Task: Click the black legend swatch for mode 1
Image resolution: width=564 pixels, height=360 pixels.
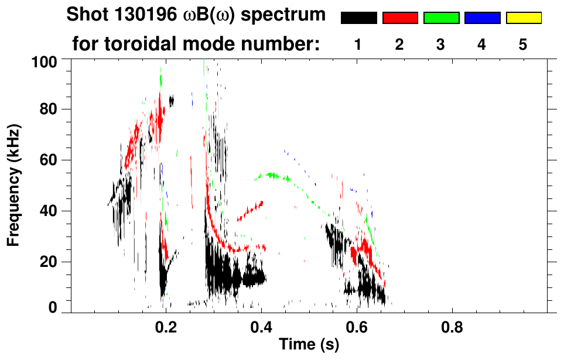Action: (358, 18)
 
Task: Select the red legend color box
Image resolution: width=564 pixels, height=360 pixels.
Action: (400, 18)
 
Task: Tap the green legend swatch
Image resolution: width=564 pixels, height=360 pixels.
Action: (441, 18)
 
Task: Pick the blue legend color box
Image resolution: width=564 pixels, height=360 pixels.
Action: (482, 18)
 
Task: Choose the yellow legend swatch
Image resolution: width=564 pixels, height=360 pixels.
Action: (524, 18)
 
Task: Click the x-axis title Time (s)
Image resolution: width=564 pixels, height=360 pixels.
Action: (308, 345)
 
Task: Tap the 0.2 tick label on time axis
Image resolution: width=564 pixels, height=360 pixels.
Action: (166, 327)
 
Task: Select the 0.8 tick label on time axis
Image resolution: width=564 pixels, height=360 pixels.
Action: (452, 327)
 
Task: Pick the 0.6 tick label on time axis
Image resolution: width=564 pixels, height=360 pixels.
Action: (356, 327)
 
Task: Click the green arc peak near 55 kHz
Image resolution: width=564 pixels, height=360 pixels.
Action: (271, 174)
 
